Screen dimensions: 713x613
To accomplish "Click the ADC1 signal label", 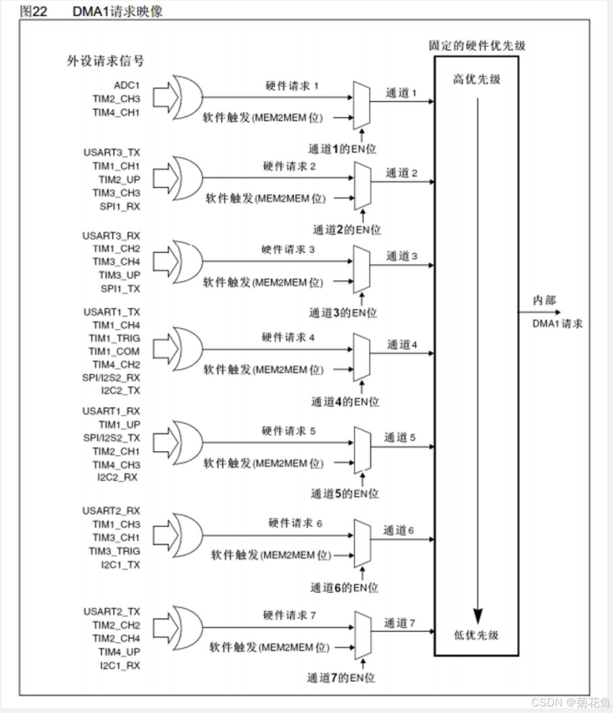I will (x=126, y=86).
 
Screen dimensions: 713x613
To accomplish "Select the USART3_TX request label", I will (x=111, y=153).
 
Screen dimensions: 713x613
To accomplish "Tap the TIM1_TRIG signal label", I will (x=114, y=338).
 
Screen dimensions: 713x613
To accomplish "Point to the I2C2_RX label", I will (x=117, y=477).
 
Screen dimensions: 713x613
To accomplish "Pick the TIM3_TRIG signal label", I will (x=114, y=551).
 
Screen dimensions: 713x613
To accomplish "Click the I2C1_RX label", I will (x=119, y=665).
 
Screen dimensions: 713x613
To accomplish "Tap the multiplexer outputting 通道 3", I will (x=362, y=269).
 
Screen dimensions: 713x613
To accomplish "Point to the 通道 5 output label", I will (x=399, y=438).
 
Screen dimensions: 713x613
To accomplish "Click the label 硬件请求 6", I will (x=295, y=523).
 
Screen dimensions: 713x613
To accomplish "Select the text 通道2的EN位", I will (x=346, y=230).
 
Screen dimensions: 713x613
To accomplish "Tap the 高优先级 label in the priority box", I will (x=476, y=80).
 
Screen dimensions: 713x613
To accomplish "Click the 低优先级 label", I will (x=476, y=635).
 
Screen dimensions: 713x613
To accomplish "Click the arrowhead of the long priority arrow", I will (x=478, y=616).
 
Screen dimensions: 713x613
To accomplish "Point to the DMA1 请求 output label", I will (x=557, y=324).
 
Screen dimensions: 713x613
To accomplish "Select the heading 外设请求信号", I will (x=105, y=61).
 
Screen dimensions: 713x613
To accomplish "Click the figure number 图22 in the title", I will (x=33, y=11).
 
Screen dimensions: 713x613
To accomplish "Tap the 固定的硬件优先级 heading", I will (x=476, y=45).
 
